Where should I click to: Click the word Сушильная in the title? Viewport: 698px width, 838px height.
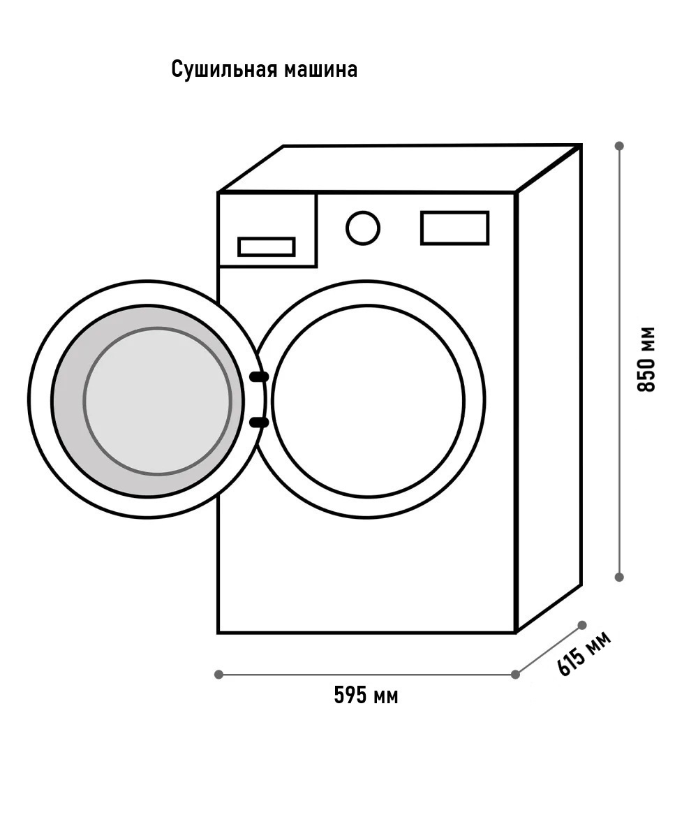pyautogui.click(x=224, y=69)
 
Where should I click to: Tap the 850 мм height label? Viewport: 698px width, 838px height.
pyautogui.click(x=646, y=360)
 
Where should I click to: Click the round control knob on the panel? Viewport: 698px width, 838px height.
pyautogui.click(x=363, y=228)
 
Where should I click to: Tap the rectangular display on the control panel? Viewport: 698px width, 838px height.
pyautogui.click(x=454, y=228)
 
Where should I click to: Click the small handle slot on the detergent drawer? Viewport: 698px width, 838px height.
pyautogui.click(x=267, y=247)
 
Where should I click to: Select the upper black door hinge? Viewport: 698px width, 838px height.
pyautogui.click(x=259, y=377)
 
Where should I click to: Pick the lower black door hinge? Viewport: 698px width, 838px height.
pyautogui.click(x=259, y=422)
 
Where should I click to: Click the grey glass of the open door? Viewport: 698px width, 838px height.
pyautogui.click(x=157, y=402)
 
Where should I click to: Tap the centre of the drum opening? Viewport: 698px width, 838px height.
pyautogui.click(x=368, y=402)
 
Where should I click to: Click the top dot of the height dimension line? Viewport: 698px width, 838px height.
pyautogui.click(x=619, y=145)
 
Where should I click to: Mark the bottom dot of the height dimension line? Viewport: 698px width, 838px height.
pyautogui.click(x=619, y=577)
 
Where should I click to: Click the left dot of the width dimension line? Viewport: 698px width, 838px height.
pyautogui.click(x=218, y=675)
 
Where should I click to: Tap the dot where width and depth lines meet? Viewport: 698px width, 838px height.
pyautogui.click(x=516, y=675)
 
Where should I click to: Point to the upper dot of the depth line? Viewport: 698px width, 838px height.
pyautogui.click(x=582, y=625)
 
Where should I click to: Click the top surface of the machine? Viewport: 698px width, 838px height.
pyautogui.click(x=399, y=168)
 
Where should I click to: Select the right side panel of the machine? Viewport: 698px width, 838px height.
pyautogui.click(x=549, y=389)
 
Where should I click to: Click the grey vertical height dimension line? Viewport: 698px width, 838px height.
pyautogui.click(x=619, y=361)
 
